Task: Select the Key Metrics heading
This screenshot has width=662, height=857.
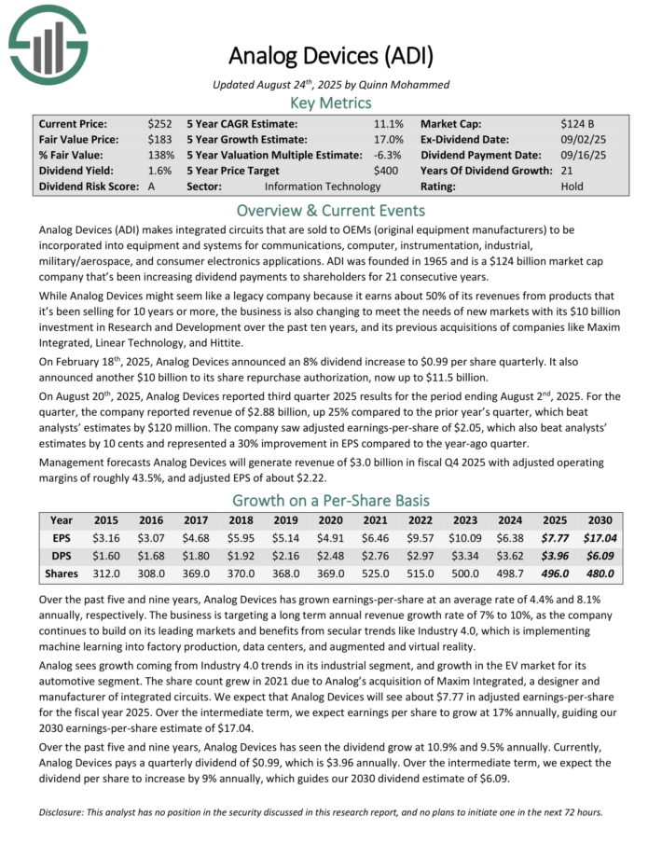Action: tap(330, 103)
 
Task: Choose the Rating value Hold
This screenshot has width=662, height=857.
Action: tap(572, 187)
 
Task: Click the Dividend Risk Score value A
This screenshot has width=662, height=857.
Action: tap(151, 187)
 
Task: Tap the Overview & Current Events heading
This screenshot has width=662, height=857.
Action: tap(330, 210)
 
